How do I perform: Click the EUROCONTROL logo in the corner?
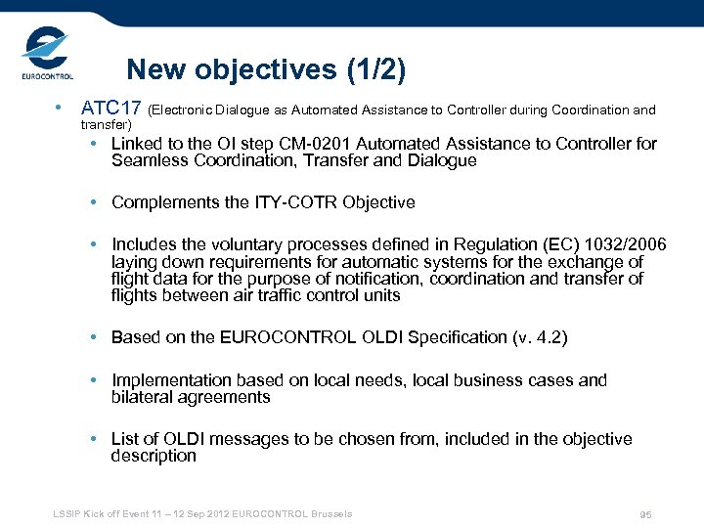(x=46, y=56)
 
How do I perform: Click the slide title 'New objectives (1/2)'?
(x=265, y=70)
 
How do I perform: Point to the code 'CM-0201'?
(x=312, y=144)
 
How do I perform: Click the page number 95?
(x=645, y=515)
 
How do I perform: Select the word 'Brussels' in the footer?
(x=331, y=514)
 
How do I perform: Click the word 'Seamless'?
(x=147, y=161)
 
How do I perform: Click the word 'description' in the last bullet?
(x=154, y=456)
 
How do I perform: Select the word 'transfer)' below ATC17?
(x=106, y=125)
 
